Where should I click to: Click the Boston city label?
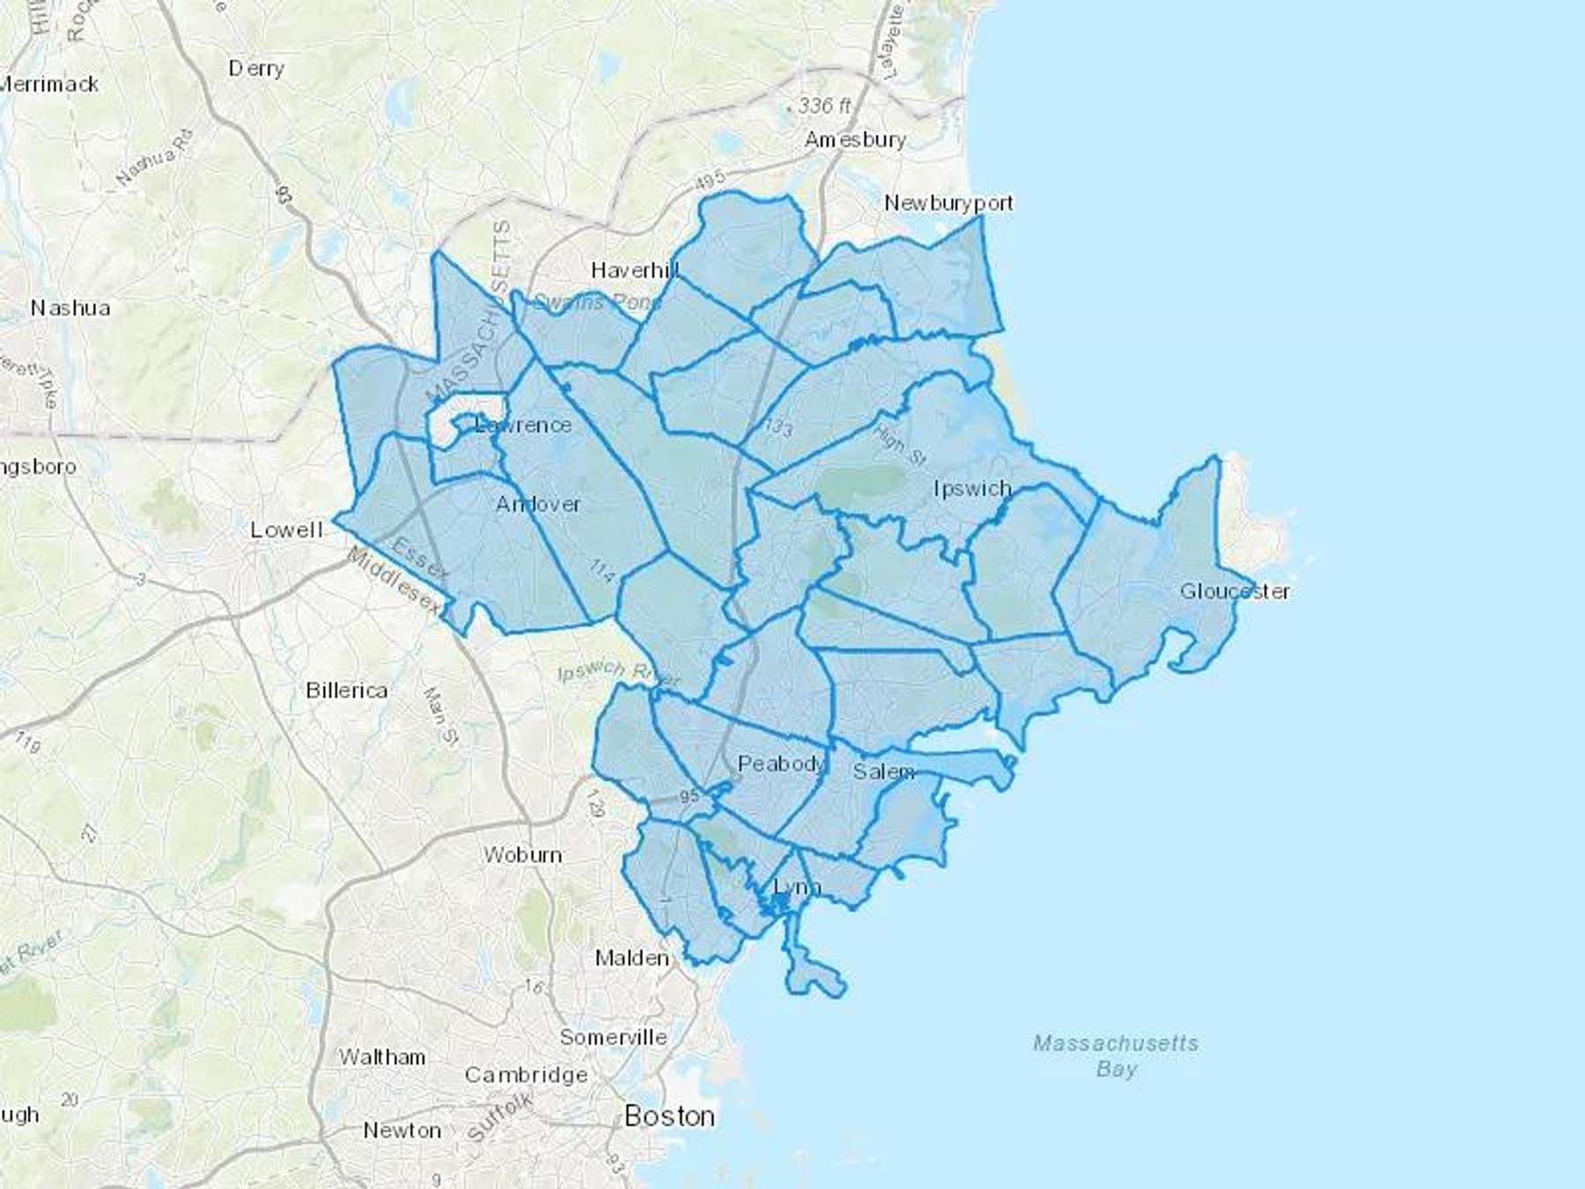(669, 1117)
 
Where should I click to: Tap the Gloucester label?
(1235, 591)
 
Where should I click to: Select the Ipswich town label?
(972, 489)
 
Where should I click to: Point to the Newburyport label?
(948, 203)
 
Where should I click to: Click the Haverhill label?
(635, 270)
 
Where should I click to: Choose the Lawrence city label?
(523, 425)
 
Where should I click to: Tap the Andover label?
(538, 505)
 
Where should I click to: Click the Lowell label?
(286, 530)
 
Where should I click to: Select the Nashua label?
(70, 308)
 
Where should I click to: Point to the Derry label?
(256, 69)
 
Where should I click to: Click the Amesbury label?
(855, 140)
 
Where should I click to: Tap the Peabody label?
(781, 764)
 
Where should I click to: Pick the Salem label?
(883, 772)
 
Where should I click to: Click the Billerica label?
(346, 691)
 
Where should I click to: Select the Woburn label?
(522, 855)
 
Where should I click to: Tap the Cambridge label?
(526, 1075)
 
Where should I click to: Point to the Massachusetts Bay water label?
(1116, 1056)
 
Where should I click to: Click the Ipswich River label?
(619, 673)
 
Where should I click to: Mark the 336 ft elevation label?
(824, 107)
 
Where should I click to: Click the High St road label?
(899, 445)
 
